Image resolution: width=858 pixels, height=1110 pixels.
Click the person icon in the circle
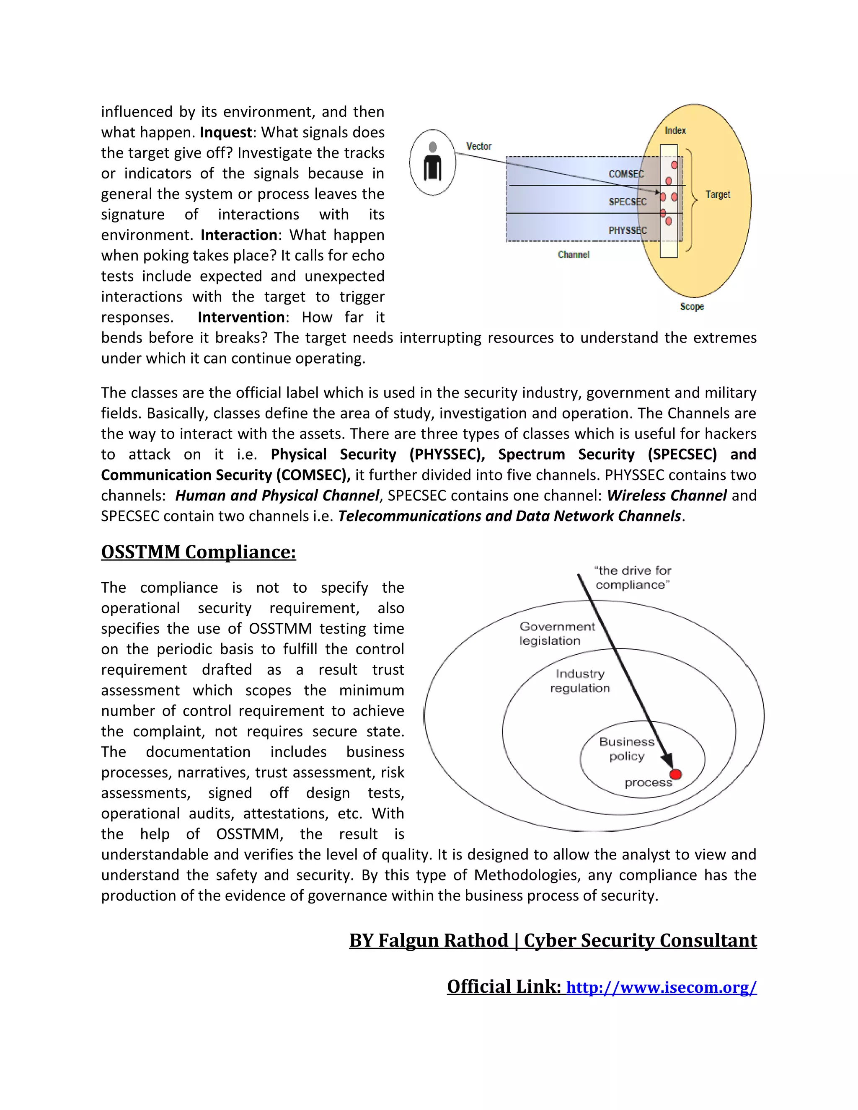pyautogui.click(x=432, y=162)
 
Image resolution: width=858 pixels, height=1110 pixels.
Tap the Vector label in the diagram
pyautogui.click(x=479, y=146)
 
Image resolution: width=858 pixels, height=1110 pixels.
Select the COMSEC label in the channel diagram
pyautogui.click(x=626, y=174)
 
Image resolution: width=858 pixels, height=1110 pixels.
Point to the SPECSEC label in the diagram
pyautogui.click(x=628, y=202)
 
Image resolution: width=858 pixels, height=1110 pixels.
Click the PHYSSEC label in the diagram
pyautogui.click(x=628, y=231)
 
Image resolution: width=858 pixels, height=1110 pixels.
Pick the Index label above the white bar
pyautogui.click(x=675, y=131)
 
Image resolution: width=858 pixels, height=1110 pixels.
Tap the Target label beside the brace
pyautogui.click(x=718, y=195)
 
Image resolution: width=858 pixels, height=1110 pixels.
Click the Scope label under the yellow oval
pyautogui.click(x=692, y=307)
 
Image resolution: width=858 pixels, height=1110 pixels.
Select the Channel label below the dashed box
pyautogui.click(x=574, y=255)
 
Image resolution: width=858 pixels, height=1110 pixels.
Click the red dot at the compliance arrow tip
pyautogui.click(x=675, y=774)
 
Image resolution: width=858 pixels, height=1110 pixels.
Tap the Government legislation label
pyautogui.click(x=557, y=634)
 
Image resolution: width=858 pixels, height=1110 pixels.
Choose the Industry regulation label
pyautogui.click(x=579, y=681)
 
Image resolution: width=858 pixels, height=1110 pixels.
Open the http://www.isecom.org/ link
pyautogui.click(x=661, y=987)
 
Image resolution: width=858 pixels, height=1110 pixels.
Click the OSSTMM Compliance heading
pyautogui.click(x=198, y=552)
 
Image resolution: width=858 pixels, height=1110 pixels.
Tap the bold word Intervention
pyautogui.click(x=241, y=317)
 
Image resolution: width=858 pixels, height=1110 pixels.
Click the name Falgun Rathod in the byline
pyautogui.click(x=443, y=940)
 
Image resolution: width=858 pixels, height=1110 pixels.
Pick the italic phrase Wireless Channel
pyautogui.click(x=667, y=496)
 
